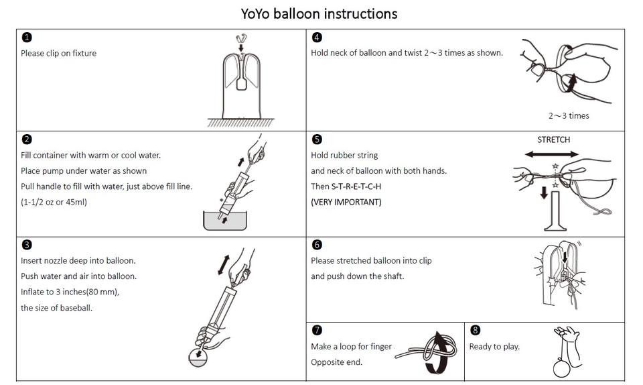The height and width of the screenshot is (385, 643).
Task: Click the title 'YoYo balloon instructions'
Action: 319,13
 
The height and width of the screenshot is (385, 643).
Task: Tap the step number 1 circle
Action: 26,38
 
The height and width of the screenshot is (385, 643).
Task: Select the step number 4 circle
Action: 317,38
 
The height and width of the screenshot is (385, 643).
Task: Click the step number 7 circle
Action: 317,330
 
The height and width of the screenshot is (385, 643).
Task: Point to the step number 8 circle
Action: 475,330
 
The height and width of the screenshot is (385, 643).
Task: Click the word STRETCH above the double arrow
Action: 553,140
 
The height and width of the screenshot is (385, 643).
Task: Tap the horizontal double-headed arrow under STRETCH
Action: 553,154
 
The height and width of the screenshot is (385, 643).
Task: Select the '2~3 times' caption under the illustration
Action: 569,115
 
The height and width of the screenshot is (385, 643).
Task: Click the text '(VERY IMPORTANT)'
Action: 346,202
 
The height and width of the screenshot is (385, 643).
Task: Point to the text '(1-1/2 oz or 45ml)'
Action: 54,202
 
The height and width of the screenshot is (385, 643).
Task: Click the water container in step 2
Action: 224,221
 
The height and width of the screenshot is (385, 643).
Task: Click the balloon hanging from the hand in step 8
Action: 559,368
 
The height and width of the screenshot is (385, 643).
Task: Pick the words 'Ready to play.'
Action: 494,347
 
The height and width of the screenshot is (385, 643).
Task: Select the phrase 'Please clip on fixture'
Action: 58,53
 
